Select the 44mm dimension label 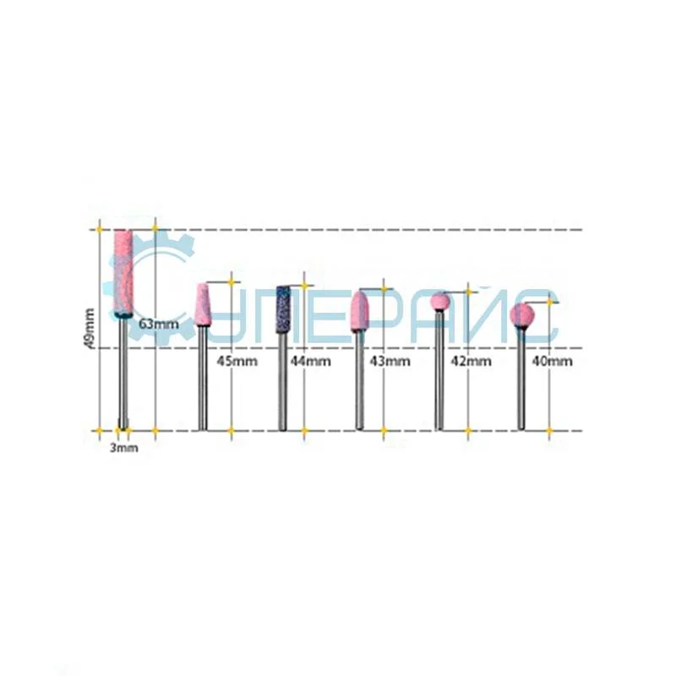point(310,361)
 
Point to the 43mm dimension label point(390,361)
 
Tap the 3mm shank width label point(123,448)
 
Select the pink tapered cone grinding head point(203,305)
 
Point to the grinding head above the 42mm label point(439,303)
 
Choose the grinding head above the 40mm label point(521,314)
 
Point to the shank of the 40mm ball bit point(521,380)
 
